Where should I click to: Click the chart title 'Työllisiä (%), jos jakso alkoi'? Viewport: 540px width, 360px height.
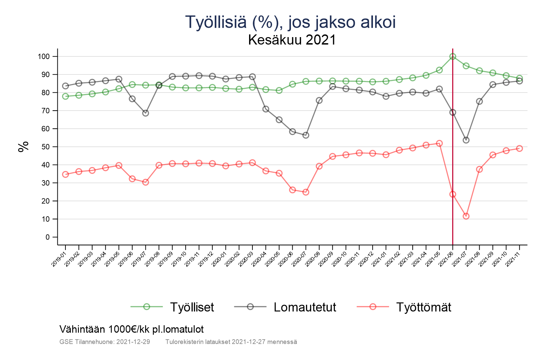[290, 22]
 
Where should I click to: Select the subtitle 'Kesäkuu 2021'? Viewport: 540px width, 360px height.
[292, 40]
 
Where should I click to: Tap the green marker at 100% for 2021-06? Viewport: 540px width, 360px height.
[453, 57]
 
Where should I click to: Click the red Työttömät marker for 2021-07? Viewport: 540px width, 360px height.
[466, 216]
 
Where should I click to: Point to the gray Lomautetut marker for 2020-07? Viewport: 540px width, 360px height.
[306, 135]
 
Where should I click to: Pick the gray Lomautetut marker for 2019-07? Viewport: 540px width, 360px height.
[145, 113]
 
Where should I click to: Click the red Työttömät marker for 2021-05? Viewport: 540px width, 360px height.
[439, 143]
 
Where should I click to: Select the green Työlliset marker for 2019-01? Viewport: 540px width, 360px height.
[65, 96]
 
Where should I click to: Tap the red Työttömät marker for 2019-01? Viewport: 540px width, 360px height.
[65, 174]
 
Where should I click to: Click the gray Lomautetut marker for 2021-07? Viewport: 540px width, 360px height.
[466, 140]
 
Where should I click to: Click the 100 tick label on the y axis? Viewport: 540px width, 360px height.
[44, 57]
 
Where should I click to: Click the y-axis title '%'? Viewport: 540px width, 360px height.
[23, 147]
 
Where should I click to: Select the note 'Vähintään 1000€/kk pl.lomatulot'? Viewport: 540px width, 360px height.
[132, 329]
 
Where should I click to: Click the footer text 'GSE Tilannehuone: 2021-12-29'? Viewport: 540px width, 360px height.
[105, 342]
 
